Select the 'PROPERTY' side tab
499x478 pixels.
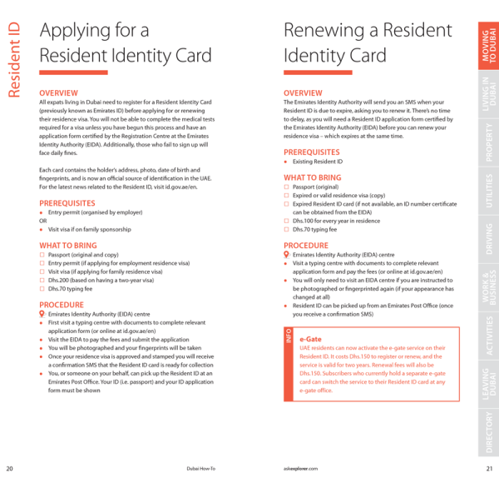tap(489, 142)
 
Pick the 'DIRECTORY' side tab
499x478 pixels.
tap(489, 434)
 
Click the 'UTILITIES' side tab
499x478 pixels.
tap(489, 191)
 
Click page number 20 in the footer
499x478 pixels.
tap(9, 468)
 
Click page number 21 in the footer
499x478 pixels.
tap(490, 468)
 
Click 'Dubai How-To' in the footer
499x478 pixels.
tap(200, 468)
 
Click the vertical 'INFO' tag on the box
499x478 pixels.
tap(288, 337)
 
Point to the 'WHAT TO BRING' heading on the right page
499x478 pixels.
tap(312, 177)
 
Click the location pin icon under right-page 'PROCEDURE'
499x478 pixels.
tap(287, 254)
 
